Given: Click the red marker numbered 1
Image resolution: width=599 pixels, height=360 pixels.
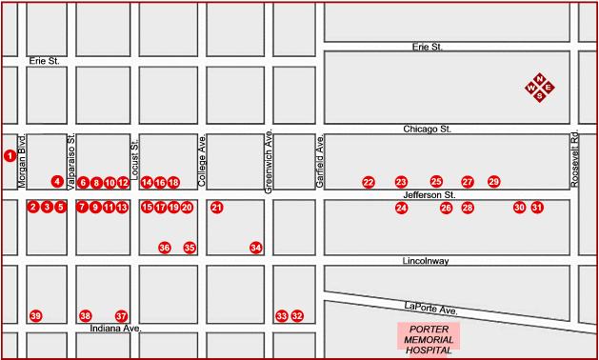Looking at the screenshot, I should pyautogui.click(x=10, y=155).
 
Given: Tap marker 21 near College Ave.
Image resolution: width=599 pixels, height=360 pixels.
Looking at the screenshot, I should pyautogui.click(x=217, y=207).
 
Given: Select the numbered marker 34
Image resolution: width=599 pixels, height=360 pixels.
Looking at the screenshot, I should pyautogui.click(x=255, y=248).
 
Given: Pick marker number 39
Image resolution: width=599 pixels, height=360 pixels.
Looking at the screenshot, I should pyautogui.click(x=36, y=316).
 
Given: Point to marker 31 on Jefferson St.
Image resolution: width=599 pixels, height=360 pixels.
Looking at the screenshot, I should pyautogui.click(x=537, y=207).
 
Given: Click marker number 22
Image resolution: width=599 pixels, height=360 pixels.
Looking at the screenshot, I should pyautogui.click(x=369, y=182).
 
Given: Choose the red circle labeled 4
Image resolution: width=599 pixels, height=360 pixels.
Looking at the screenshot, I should pyautogui.click(x=57, y=181).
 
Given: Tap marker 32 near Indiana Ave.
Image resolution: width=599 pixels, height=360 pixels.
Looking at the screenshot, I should pyautogui.click(x=297, y=316).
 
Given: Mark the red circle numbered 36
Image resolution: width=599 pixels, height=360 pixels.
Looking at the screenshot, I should pyautogui.click(x=165, y=248).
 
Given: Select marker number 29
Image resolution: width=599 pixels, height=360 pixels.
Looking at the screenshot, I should pyautogui.click(x=493, y=181).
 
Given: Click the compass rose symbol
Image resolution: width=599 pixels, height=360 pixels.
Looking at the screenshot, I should pyautogui.click(x=540, y=89).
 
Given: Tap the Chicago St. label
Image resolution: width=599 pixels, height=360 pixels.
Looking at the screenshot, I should pyautogui.click(x=427, y=128).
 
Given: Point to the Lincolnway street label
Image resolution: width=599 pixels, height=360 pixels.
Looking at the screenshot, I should pyautogui.click(x=426, y=260).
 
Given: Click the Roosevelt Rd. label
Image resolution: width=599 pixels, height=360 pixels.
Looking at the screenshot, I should pyautogui.click(x=575, y=158).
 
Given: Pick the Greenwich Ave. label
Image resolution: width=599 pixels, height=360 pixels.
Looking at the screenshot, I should pyautogui.click(x=270, y=162).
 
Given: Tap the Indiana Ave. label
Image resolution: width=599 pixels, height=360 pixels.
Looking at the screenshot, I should pyautogui.click(x=115, y=329).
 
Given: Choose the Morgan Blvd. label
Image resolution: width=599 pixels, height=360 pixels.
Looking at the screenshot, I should pyautogui.click(x=21, y=163).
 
